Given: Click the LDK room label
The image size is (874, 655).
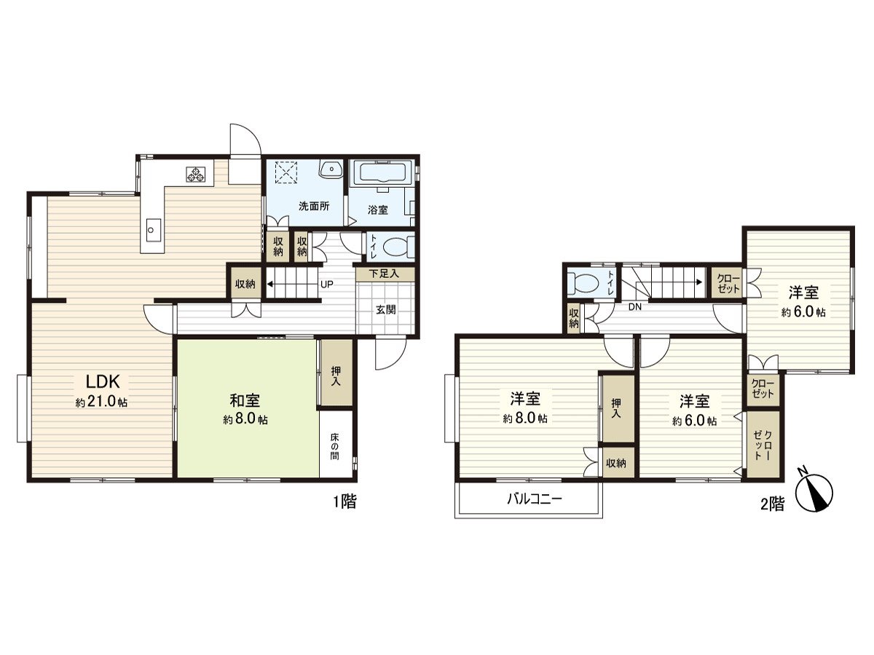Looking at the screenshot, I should [x=108, y=381].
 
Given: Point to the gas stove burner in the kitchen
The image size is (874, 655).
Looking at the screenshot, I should [x=197, y=174].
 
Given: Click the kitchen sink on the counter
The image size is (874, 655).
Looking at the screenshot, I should [x=151, y=231].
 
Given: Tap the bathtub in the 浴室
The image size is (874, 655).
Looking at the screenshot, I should [x=382, y=174].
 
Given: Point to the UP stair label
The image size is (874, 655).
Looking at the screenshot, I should [x=327, y=284].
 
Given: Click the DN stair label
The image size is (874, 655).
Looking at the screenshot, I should [x=635, y=307].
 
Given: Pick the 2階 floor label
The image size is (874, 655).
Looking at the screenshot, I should [x=773, y=504].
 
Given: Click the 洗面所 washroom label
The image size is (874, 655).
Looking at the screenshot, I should [x=314, y=206].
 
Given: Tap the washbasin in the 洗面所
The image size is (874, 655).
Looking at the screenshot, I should [x=331, y=169].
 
